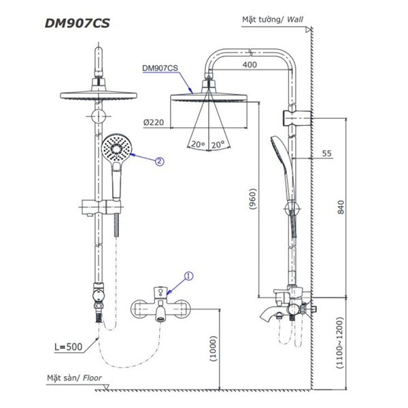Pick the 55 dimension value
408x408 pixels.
click(x=326, y=154)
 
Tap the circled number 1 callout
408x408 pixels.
click(x=189, y=276)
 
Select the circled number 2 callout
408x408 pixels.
click(x=159, y=161)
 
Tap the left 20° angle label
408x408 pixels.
click(x=198, y=145)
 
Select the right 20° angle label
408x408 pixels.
click(x=218, y=145)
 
